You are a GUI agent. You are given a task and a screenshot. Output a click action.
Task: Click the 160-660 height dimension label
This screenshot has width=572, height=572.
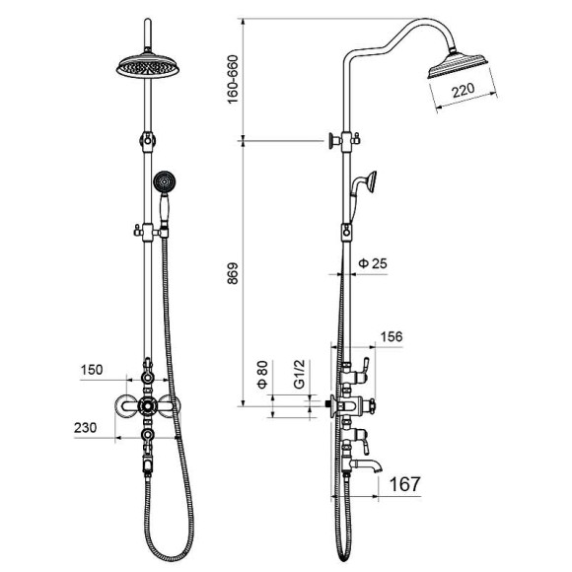tap(233, 79)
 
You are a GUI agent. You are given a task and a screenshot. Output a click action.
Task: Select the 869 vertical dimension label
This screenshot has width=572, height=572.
tap(233, 273)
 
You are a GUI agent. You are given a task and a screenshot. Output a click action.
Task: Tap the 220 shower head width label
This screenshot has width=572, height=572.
tap(464, 91)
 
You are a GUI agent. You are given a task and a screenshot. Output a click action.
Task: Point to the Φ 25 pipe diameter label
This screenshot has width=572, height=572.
tap(373, 263)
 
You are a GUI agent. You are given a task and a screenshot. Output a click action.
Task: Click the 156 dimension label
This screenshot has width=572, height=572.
tap(392, 336)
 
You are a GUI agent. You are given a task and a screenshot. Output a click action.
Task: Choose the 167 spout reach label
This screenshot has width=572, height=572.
tap(405, 484)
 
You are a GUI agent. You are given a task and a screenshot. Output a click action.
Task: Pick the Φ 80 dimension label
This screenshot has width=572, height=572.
tap(262, 374)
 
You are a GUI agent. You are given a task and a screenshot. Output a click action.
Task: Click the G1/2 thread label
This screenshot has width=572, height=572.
tap(299, 374)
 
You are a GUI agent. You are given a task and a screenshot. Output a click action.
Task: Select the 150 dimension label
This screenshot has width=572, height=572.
tap(92, 370)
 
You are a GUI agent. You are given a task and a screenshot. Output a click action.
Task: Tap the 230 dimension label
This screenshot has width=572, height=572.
tap(86, 427)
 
